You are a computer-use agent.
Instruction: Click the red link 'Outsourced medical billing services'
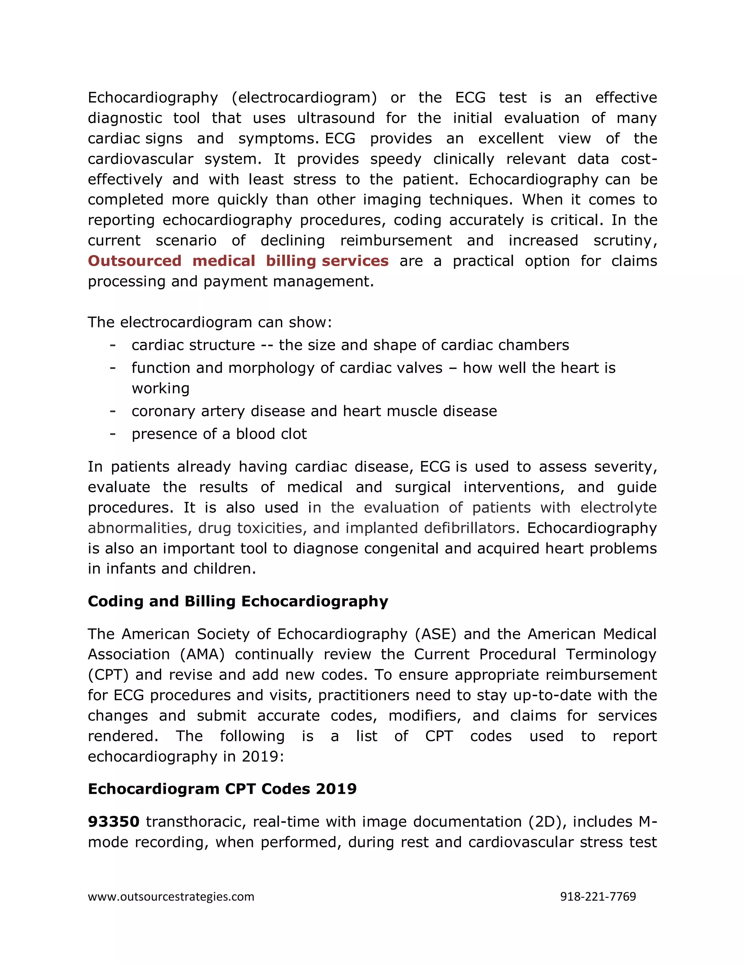pyautogui.click(x=238, y=261)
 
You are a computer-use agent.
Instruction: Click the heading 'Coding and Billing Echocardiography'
pyautogui.click(x=238, y=601)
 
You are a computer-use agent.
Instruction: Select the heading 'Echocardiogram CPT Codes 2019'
pyautogui.click(x=222, y=789)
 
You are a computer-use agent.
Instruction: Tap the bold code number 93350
pyautogui.click(x=113, y=821)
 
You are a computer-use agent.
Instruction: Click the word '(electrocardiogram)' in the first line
pyautogui.click(x=304, y=97)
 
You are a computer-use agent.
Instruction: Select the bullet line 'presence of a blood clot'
pyautogui.click(x=219, y=434)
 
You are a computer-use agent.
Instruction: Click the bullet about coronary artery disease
pyautogui.click(x=314, y=411)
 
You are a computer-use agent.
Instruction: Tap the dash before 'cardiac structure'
pyautogui.click(x=113, y=345)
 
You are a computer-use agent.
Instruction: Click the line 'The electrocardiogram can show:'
pyautogui.click(x=210, y=322)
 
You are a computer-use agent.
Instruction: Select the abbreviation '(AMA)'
pyautogui.click(x=202, y=654)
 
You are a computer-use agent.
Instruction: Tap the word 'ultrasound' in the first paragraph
pyautogui.click(x=335, y=118)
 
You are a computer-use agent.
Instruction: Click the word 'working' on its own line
pyautogui.click(x=160, y=389)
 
